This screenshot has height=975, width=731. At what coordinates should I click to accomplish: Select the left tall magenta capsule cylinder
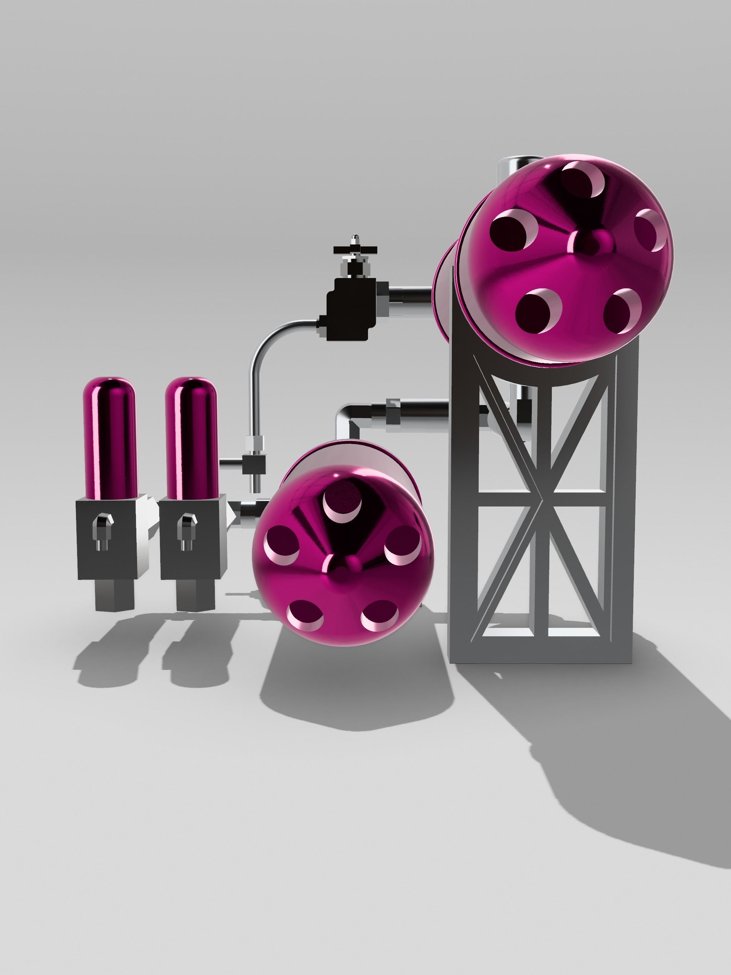[x=110, y=436]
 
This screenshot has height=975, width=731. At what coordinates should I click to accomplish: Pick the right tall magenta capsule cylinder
[x=191, y=436]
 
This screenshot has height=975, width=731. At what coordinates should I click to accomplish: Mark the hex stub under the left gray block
[x=114, y=595]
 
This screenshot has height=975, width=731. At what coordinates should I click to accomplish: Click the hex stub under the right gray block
[x=195, y=595]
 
